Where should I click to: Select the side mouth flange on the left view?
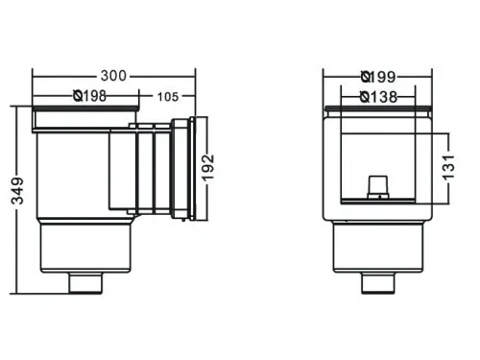click(197, 168)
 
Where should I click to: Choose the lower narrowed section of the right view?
click(378, 248)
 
